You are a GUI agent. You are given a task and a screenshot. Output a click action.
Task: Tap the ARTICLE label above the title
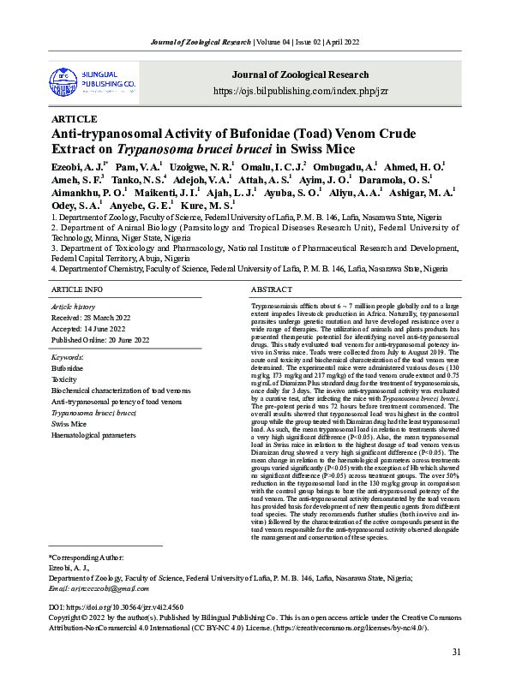click(75, 119)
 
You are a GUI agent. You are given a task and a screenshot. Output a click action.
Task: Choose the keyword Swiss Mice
click(70, 423)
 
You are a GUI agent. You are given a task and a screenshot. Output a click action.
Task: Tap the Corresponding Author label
click(87, 557)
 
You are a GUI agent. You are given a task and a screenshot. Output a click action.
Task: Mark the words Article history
click(74, 307)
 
